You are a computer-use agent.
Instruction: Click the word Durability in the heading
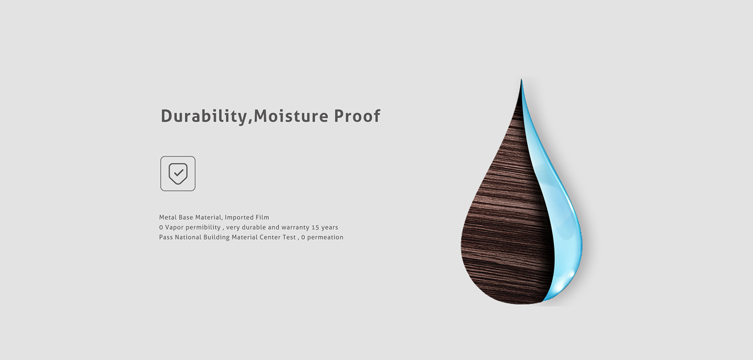tap(204, 116)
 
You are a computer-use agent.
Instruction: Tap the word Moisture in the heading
tap(291, 116)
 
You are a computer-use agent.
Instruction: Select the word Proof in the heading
tap(357, 116)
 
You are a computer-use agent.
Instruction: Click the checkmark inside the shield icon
tap(178, 173)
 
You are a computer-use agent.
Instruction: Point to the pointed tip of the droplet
tap(521, 80)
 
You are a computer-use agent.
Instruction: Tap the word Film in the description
tap(262, 217)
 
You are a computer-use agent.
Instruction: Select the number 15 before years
tap(315, 228)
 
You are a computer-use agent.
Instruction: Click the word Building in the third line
tap(216, 238)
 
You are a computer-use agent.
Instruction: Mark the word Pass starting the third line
tap(166, 237)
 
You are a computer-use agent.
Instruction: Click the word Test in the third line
tap(289, 237)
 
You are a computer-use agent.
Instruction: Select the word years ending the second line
tap(329, 228)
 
